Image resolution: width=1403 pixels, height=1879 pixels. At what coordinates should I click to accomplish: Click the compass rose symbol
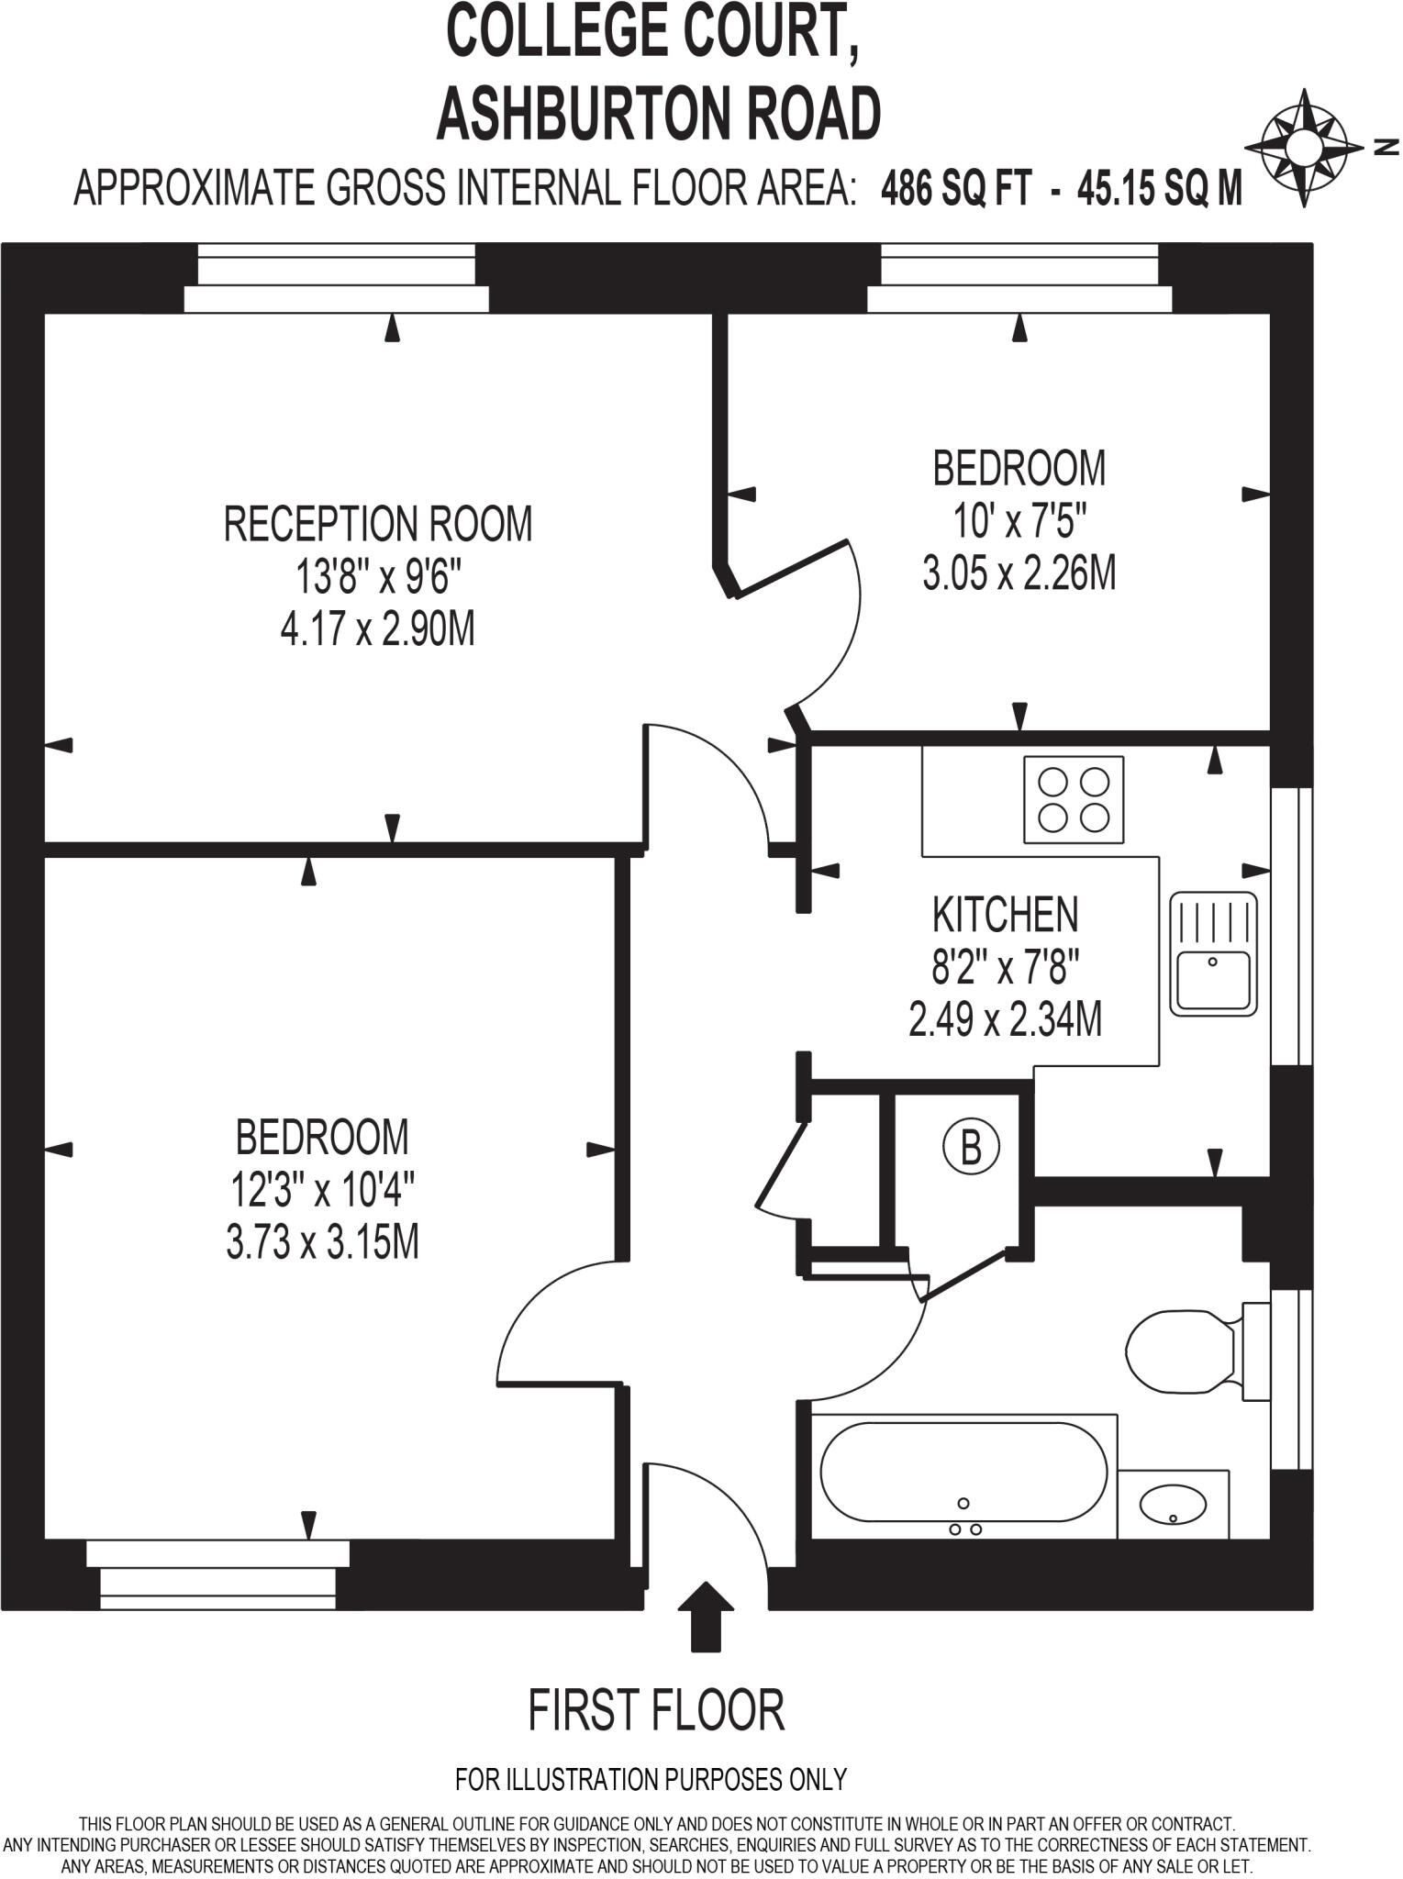click(1303, 147)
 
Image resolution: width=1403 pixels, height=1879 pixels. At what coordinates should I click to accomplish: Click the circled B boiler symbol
click(971, 1147)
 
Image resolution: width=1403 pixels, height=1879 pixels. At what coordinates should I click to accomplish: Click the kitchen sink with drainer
click(1213, 953)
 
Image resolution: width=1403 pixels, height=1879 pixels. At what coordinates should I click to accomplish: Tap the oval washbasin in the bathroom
click(1173, 1504)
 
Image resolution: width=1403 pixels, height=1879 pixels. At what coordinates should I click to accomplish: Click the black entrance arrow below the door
click(706, 1616)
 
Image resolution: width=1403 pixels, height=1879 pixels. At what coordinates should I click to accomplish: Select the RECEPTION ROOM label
click(378, 525)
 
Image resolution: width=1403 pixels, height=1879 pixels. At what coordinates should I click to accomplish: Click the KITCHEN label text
click(1005, 915)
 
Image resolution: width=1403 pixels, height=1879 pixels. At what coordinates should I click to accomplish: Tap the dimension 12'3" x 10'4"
click(322, 1191)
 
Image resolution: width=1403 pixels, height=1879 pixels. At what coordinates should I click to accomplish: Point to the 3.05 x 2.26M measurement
click(1019, 574)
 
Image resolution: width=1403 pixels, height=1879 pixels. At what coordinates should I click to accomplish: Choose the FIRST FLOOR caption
click(656, 1711)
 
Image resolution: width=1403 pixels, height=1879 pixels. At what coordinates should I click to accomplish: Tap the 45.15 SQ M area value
click(1160, 189)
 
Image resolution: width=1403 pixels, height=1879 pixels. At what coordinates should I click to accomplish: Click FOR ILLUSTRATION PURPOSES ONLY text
click(651, 1780)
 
